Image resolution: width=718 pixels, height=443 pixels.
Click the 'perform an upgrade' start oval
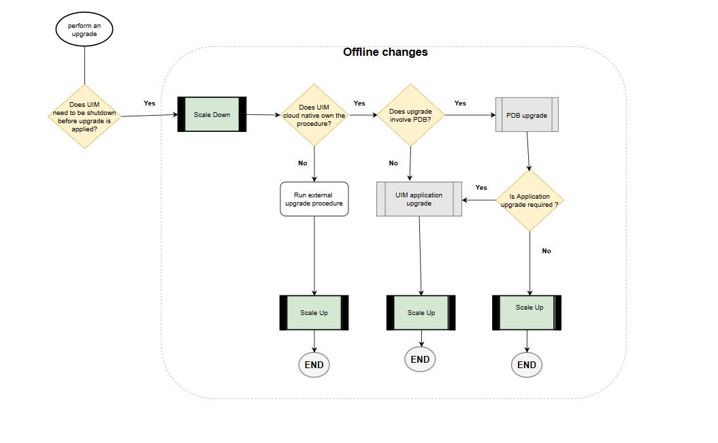pyautogui.click(x=84, y=30)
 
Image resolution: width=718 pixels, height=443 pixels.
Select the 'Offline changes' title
pyautogui.click(x=385, y=52)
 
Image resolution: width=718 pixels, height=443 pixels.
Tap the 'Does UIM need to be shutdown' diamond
pyautogui.click(x=84, y=116)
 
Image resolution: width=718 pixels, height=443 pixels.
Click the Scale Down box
pyautogui.click(x=212, y=114)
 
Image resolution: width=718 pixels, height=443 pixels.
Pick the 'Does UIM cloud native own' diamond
pyautogui.click(x=314, y=115)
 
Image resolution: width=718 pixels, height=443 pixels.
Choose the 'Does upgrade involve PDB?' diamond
pyautogui.click(x=410, y=115)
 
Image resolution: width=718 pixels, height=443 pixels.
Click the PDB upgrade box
pyautogui.click(x=527, y=115)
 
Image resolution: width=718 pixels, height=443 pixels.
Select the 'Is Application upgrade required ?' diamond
pyautogui.click(x=529, y=201)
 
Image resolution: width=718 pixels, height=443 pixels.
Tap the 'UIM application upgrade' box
pyautogui.click(x=419, y=199)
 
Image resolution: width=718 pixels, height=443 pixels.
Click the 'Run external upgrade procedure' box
pyautogui.click(x=314, y=199)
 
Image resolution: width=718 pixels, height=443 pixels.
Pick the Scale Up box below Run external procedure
pyautogui.click(x=314, y=313)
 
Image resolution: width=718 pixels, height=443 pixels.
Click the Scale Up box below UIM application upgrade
pyautogui.click(x=421, y=313)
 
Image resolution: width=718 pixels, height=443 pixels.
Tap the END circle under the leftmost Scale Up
pyautogui.click(x=314, y=365)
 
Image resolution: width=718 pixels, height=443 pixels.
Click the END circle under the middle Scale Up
pyautogui.click(x=420, y=360)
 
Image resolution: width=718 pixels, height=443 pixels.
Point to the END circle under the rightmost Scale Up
pyautogui.click(x=527, y=365)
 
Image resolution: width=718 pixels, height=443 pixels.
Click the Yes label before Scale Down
pyautogui.click(x=149, y=103)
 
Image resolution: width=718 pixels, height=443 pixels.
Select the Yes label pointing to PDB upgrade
pyautogui.click(x=460, y=103)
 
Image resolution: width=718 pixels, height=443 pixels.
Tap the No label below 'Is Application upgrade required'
pyautogui.click(x=546, y=251)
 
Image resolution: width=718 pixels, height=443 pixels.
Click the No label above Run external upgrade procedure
pyautogui.click(x=302, y=163)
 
